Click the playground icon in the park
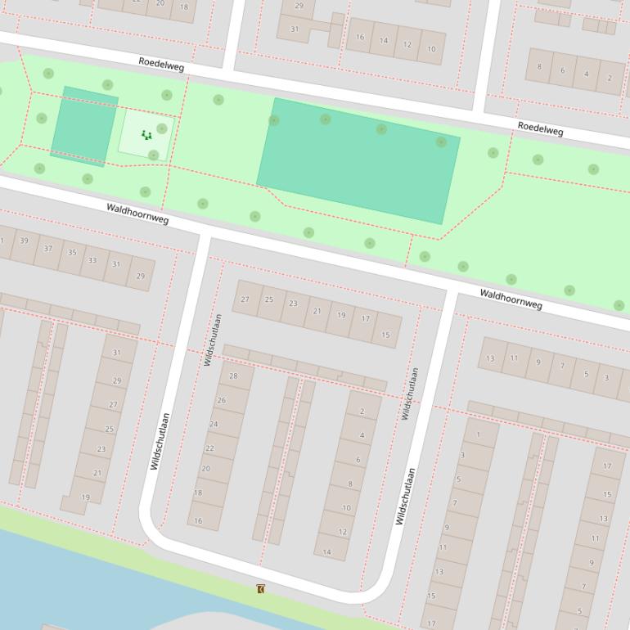147,135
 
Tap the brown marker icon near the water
261,588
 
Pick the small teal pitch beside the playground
84,126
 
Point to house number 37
48,248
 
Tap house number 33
92,260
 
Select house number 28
233,376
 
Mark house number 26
221,400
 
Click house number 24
214,424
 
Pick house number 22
209,448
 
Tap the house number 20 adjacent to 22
205,469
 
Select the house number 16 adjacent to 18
197,520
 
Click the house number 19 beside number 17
341,315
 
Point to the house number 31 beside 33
116,264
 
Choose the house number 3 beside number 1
462,456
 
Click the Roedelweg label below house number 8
540,129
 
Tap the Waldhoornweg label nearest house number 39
137,214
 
